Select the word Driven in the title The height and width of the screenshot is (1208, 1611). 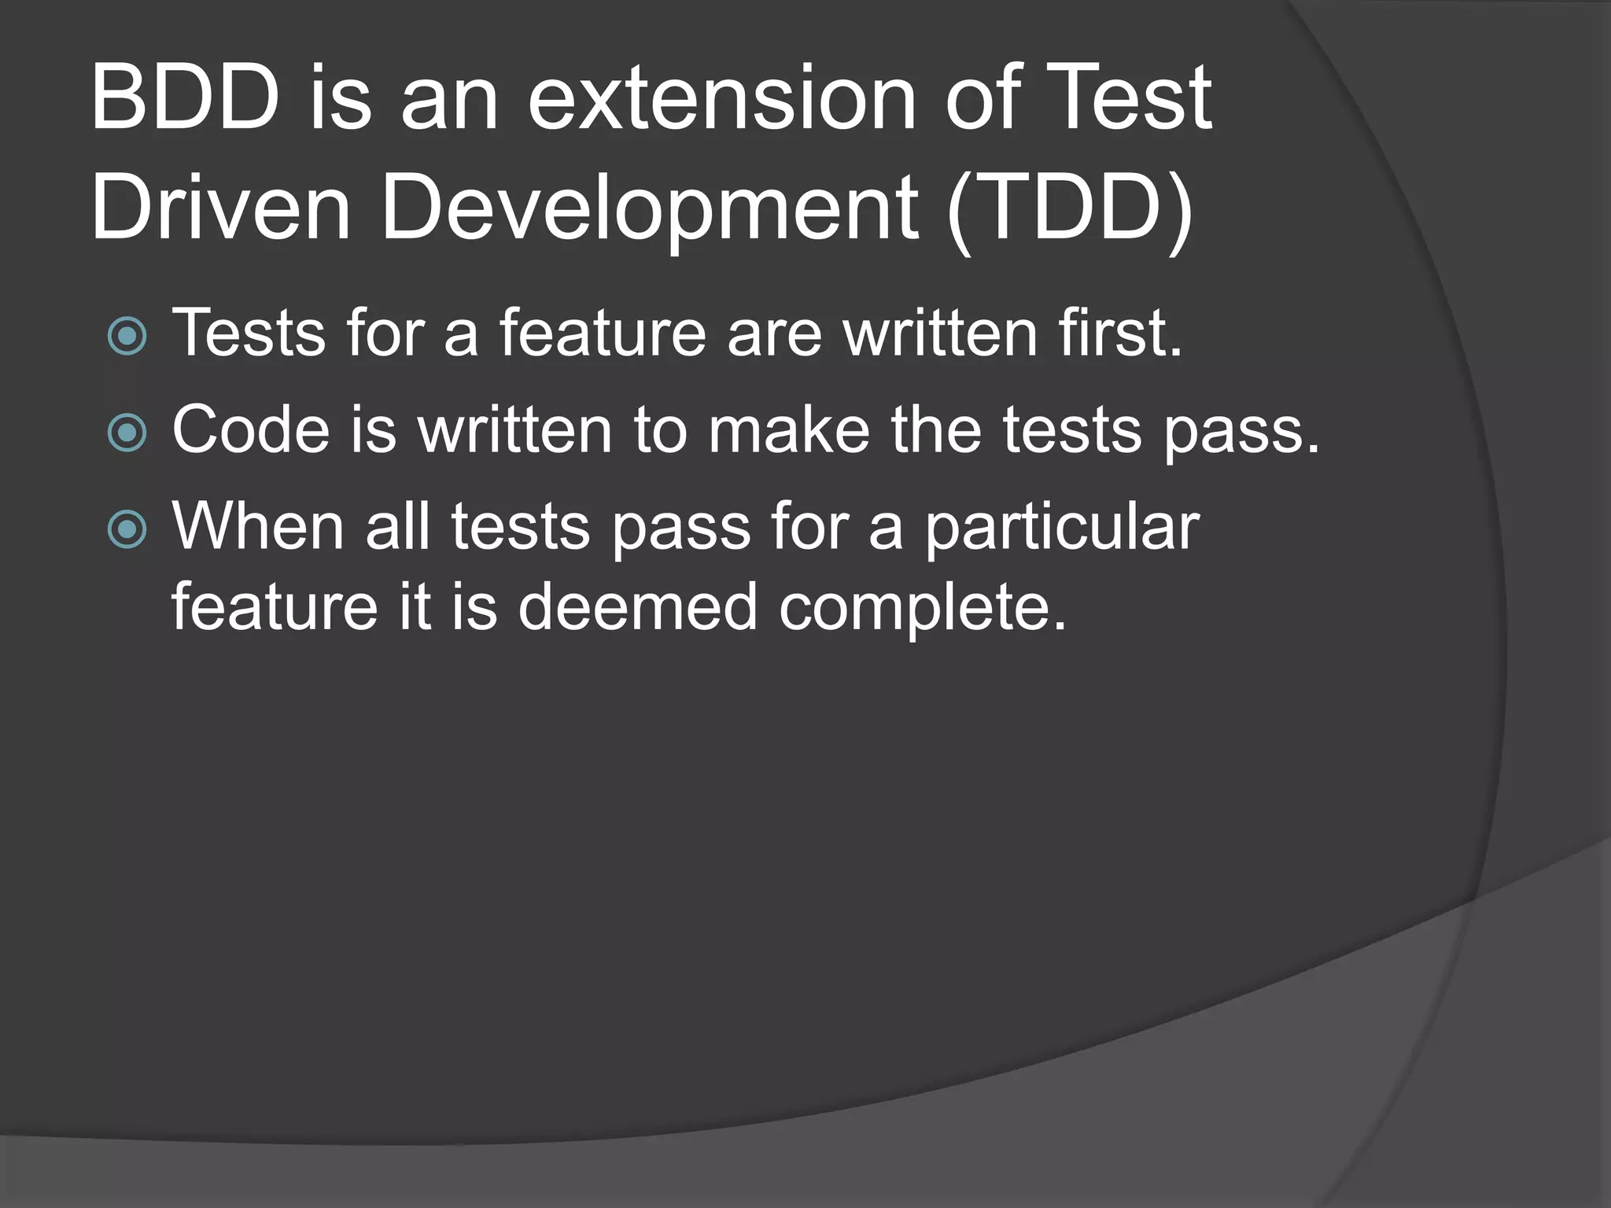[220, 208]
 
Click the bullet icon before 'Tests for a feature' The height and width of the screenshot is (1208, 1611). [127, 336]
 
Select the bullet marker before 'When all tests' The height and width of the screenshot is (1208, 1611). [127, 529]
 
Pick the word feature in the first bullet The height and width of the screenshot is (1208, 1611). [603, 333]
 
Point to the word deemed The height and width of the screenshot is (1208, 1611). [637, 607]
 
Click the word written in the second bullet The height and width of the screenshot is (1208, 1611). [514, 430]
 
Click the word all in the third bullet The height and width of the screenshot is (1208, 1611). [398, 526]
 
